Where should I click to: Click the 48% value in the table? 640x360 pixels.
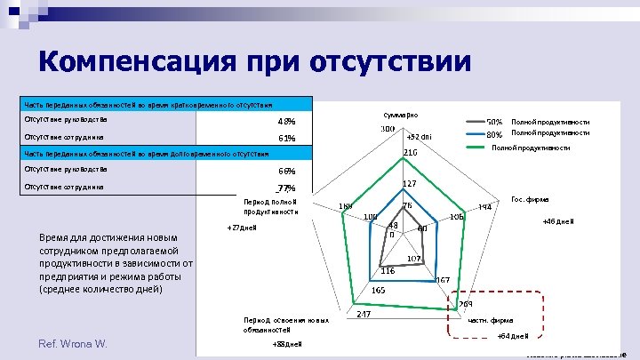click(x=286, y=122)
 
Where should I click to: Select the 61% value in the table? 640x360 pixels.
click(x=286, y=139)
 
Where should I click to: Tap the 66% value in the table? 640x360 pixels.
click(x=286, y=171)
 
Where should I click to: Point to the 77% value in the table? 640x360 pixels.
click(x=285, y=188)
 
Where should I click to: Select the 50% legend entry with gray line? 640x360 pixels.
click(x=494, y=122)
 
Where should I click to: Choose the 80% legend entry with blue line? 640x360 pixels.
click(x=494, y=135)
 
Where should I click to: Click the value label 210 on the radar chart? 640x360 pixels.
click(x=411, y=154)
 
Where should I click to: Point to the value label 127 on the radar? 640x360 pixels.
click(x=410, y=184)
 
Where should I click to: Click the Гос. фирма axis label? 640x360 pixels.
click(x=531, y=200)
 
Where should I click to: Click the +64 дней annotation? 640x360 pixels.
click(x=513, y=335)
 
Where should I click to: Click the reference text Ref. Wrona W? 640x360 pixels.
click(x=72, y=343)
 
